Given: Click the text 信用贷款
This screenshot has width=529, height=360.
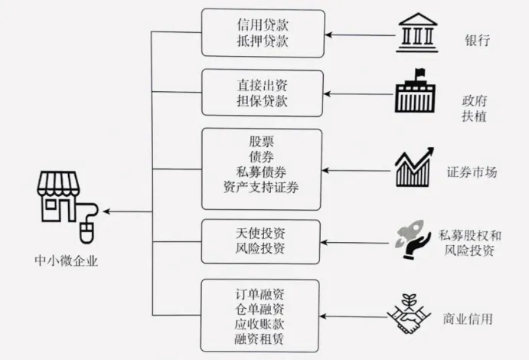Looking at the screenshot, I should pos(262,25).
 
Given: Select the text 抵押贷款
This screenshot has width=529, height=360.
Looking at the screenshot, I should pos(262,41).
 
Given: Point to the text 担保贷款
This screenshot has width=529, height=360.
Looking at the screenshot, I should pos(262,101).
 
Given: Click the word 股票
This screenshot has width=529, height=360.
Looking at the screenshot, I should pos(262,142).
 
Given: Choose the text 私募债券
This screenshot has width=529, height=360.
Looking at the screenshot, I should pos(262,172).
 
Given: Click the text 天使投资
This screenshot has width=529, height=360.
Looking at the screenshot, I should pos(262,233).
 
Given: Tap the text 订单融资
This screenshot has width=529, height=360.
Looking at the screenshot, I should pos(262,293).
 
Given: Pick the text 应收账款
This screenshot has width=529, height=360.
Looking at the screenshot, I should pos(262,323).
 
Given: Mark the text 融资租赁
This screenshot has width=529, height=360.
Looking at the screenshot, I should pos(262,338).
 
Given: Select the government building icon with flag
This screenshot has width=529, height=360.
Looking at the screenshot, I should pos(415,93).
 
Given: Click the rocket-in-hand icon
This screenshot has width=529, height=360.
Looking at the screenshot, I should pos(413,237).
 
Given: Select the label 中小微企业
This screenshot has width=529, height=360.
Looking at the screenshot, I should pos(67,260).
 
